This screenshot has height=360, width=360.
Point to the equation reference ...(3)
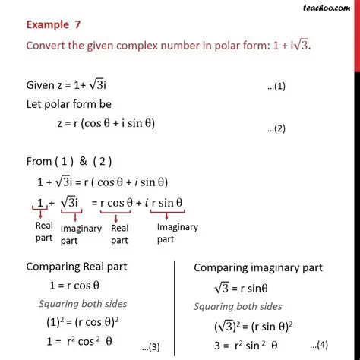tap(150, 347)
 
